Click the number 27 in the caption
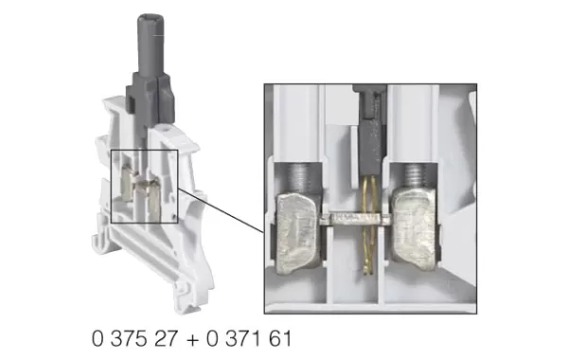pyautogui.click(x=161, y=337)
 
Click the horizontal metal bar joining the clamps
pyautogui.click(x=359, y=220)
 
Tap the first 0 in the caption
pyautogui.click(x=98, y=337)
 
